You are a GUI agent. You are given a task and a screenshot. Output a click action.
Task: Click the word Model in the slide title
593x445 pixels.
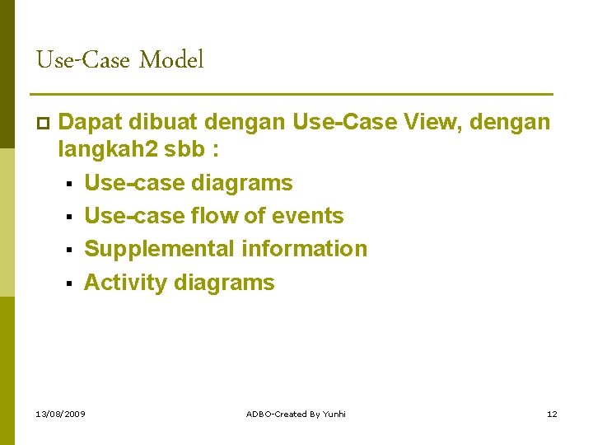point(171,60)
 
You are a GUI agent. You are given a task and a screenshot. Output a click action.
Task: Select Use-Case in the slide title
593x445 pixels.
point(84,60)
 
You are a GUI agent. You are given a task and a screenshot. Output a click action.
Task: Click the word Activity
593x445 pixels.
point(125,283)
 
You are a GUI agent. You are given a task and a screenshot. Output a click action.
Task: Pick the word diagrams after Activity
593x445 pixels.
point(224,283)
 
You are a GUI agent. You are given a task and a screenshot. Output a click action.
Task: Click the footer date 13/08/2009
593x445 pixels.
point(62,414)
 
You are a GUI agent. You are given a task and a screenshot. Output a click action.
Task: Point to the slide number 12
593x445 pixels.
point(552,414)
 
